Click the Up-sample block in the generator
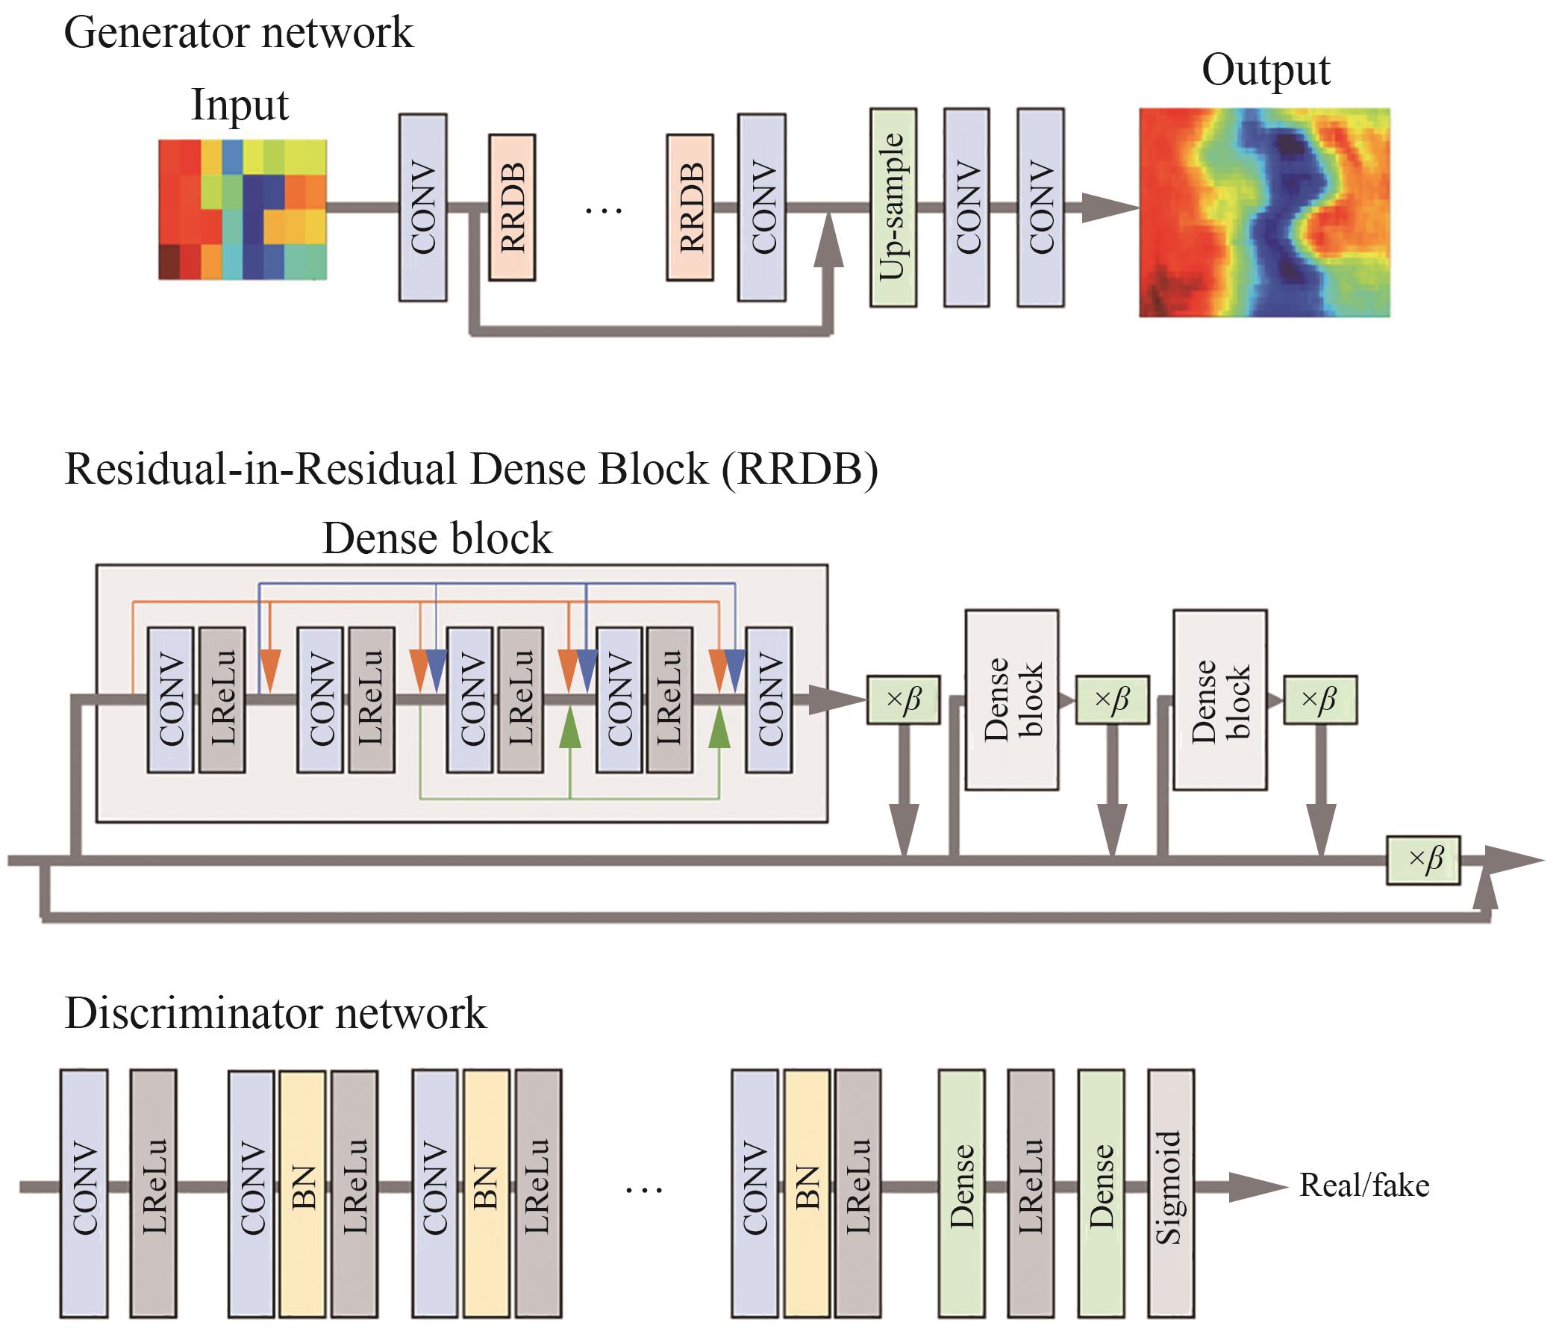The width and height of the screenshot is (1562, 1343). pyautogui.click(x=893, y=208)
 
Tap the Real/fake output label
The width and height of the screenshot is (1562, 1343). pyautogui.click(x=1363, y=1185)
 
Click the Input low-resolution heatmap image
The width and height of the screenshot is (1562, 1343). pyautogui.click(x=242, y=210)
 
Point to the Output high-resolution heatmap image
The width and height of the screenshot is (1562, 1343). pyautogui.click(x=1264, y=213)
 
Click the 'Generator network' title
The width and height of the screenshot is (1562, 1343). pyautogui.click(x=238, y=32)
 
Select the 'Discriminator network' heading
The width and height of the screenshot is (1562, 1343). pyautogui.click(x=275, y=1013)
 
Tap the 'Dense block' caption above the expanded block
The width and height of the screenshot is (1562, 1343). pyautogui.click(x=437, y=538)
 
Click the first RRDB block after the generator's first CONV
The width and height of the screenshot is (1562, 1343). pyautogui.click(x=512, y=208)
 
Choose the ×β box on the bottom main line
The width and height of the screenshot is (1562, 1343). pyautogui.click(x=1423, y=860)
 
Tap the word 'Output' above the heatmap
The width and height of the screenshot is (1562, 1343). pyautogui.click(x=1266, y=70)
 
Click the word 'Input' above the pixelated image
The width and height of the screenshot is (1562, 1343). pyautogui.click(x=239, y=105)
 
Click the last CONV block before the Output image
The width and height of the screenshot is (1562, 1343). pyautogui.click(x=1040, y=208)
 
